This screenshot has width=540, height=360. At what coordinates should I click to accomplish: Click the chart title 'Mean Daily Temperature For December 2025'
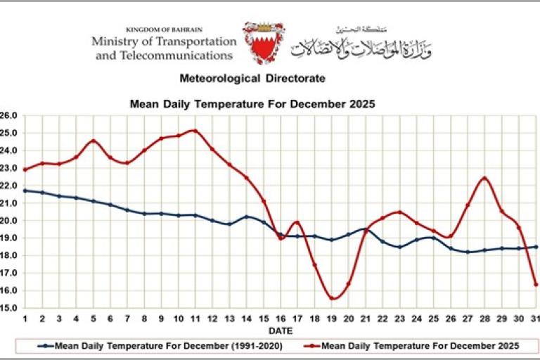tap(252, 103)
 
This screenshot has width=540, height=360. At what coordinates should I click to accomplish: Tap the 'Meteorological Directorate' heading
tap(252, 78)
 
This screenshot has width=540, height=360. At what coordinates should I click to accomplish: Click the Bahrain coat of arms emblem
tap(264, 43)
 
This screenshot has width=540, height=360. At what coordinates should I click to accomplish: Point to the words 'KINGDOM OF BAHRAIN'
tap(164, 30)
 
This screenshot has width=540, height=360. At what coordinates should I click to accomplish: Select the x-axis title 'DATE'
tap(280, 330)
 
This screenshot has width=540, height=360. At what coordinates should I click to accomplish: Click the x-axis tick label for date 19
tap(331, 319)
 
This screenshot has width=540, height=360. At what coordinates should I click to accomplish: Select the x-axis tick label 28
tap(484, 319)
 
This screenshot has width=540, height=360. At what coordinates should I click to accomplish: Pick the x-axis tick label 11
tap(195, 319)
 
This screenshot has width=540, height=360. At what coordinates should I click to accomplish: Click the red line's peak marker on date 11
tap(195, 131)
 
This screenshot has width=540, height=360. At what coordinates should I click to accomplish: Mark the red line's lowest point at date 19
tap(331, 298)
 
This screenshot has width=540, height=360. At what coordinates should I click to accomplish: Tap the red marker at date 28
tap(484, 179)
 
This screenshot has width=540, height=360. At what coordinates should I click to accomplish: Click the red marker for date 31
tap(536, 284)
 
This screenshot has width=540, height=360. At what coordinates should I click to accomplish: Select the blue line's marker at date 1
tap(25, 191)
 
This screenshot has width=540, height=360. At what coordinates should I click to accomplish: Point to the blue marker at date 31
tap(536, 247)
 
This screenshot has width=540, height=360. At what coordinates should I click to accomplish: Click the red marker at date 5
tap(93, 141)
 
